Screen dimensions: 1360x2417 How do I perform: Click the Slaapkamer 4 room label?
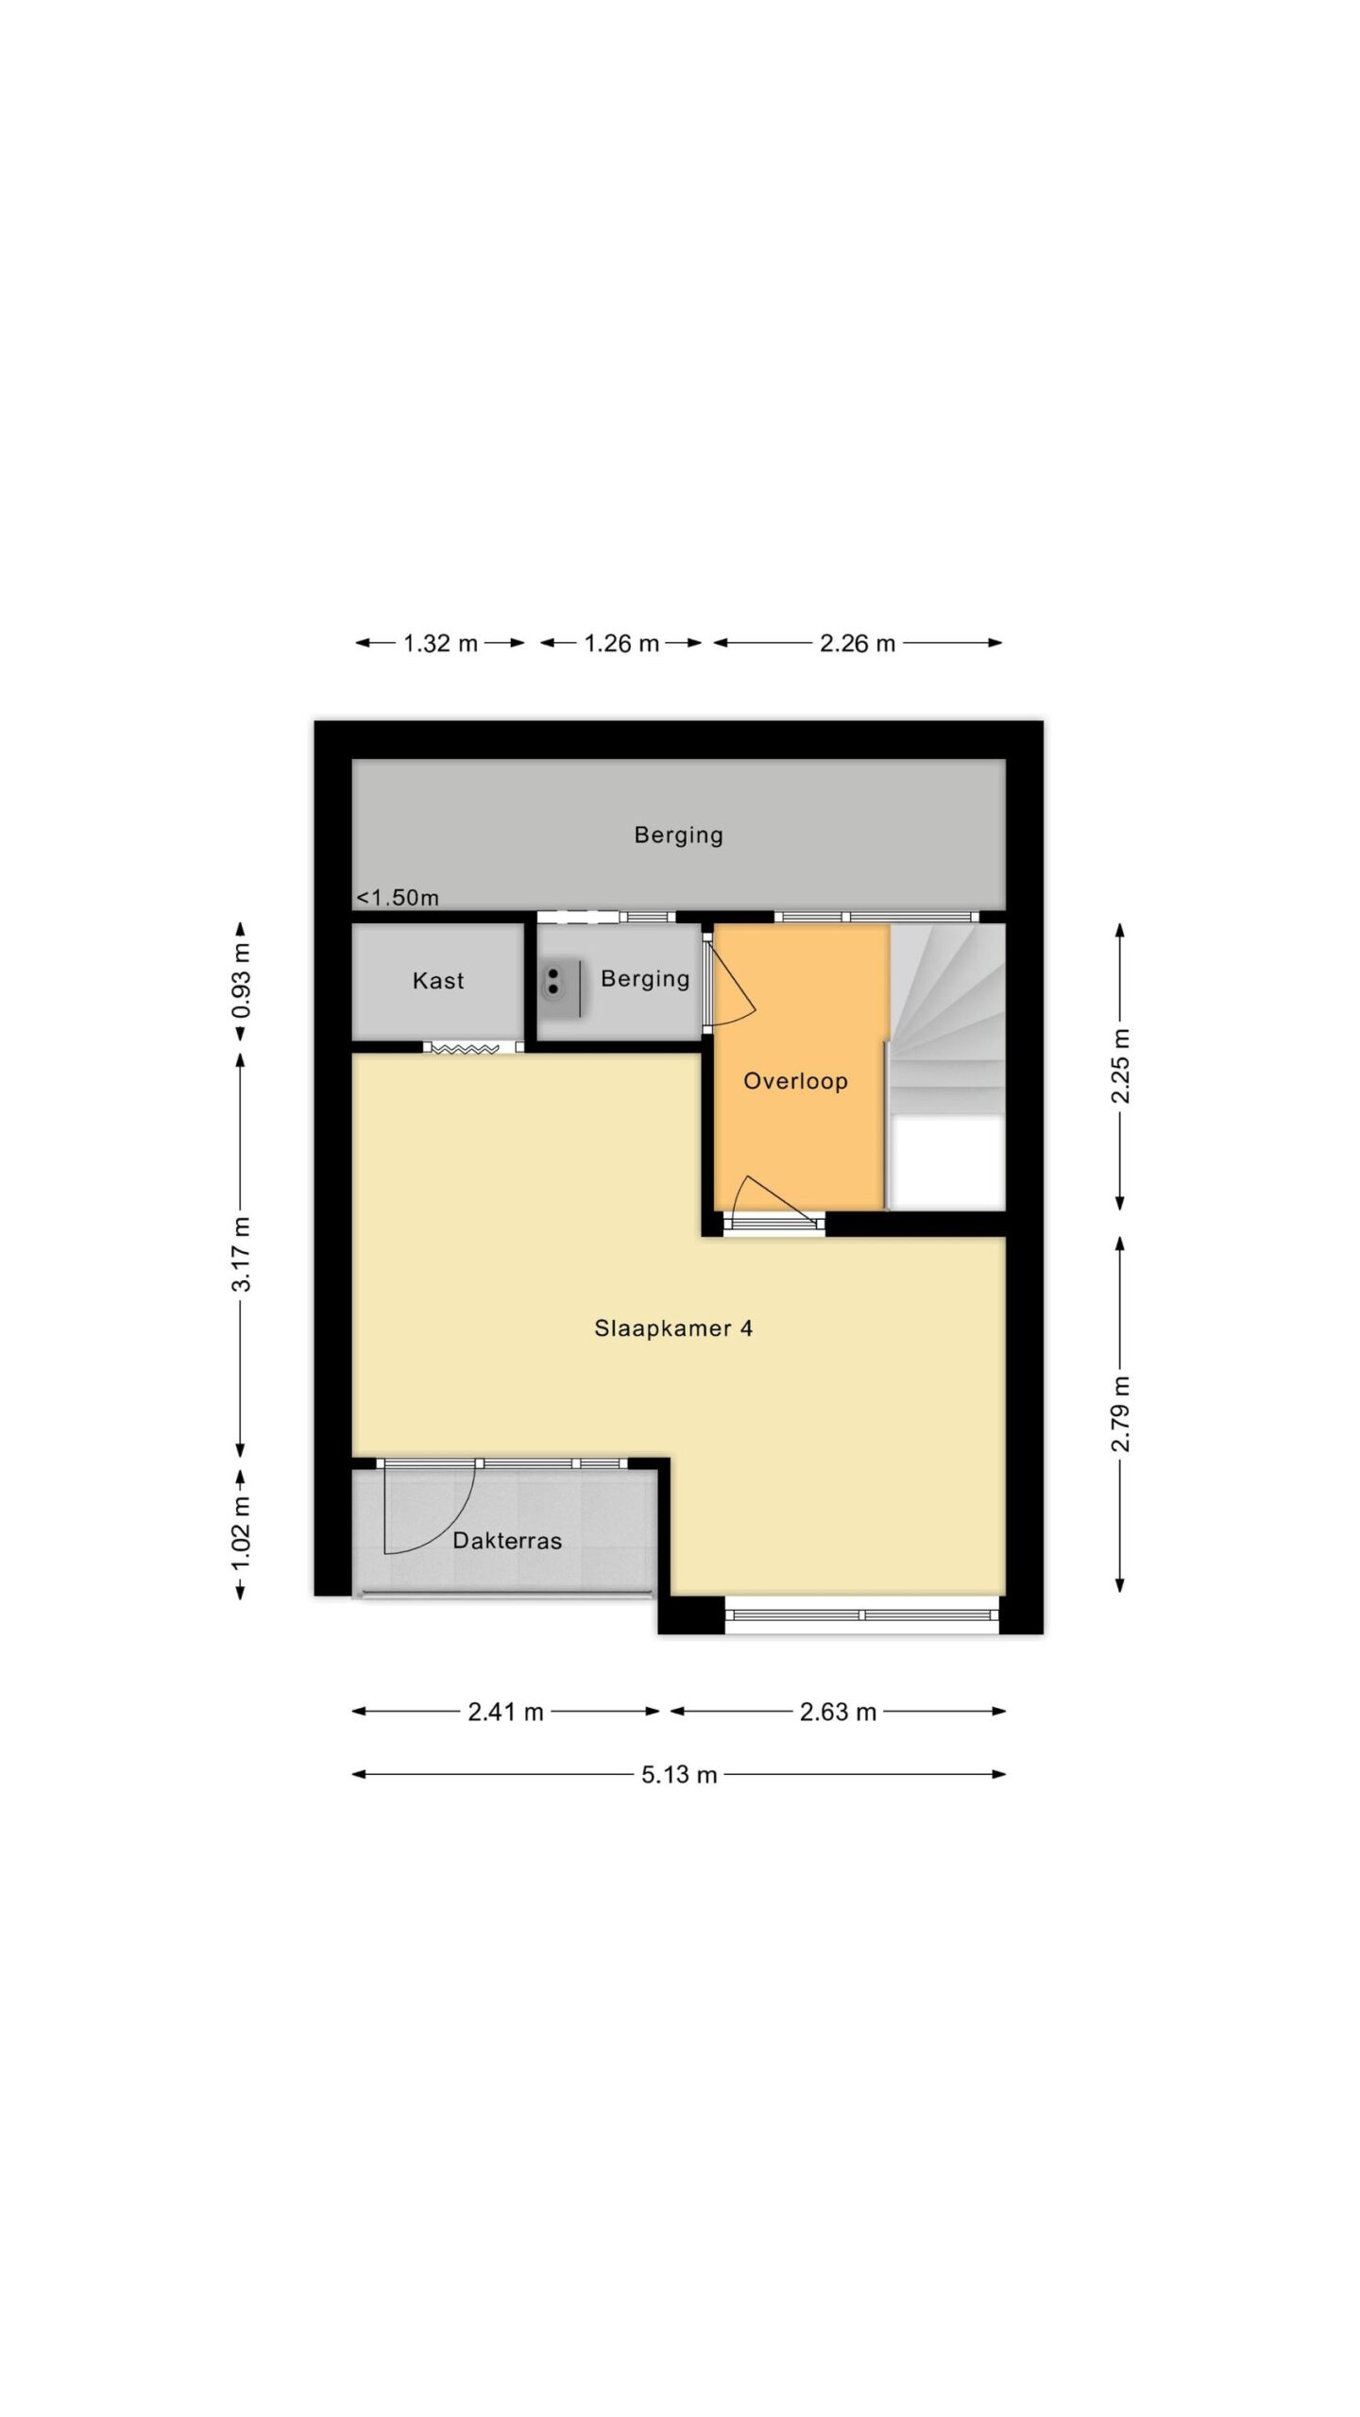672,1328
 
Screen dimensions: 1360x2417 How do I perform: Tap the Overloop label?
795,1081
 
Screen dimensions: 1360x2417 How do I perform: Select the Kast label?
438,980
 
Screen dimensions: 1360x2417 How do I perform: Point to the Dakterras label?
507,1541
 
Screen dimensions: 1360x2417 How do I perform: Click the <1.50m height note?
398,897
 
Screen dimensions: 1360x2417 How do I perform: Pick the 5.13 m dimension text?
679,1775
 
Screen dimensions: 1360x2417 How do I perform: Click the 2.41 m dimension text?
505,1712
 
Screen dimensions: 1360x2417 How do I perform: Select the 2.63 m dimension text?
838,1712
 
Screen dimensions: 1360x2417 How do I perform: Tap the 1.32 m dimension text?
440,644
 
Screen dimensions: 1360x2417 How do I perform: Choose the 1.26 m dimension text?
621,644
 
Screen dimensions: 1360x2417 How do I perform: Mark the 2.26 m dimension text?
857,644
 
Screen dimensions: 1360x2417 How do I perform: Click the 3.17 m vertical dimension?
243,1254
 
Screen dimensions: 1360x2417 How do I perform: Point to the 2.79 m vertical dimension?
1120,1414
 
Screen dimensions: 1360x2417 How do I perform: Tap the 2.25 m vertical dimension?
1120,1066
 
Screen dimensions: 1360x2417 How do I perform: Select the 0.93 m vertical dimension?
243,981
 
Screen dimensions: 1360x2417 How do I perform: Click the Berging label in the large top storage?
678,835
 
